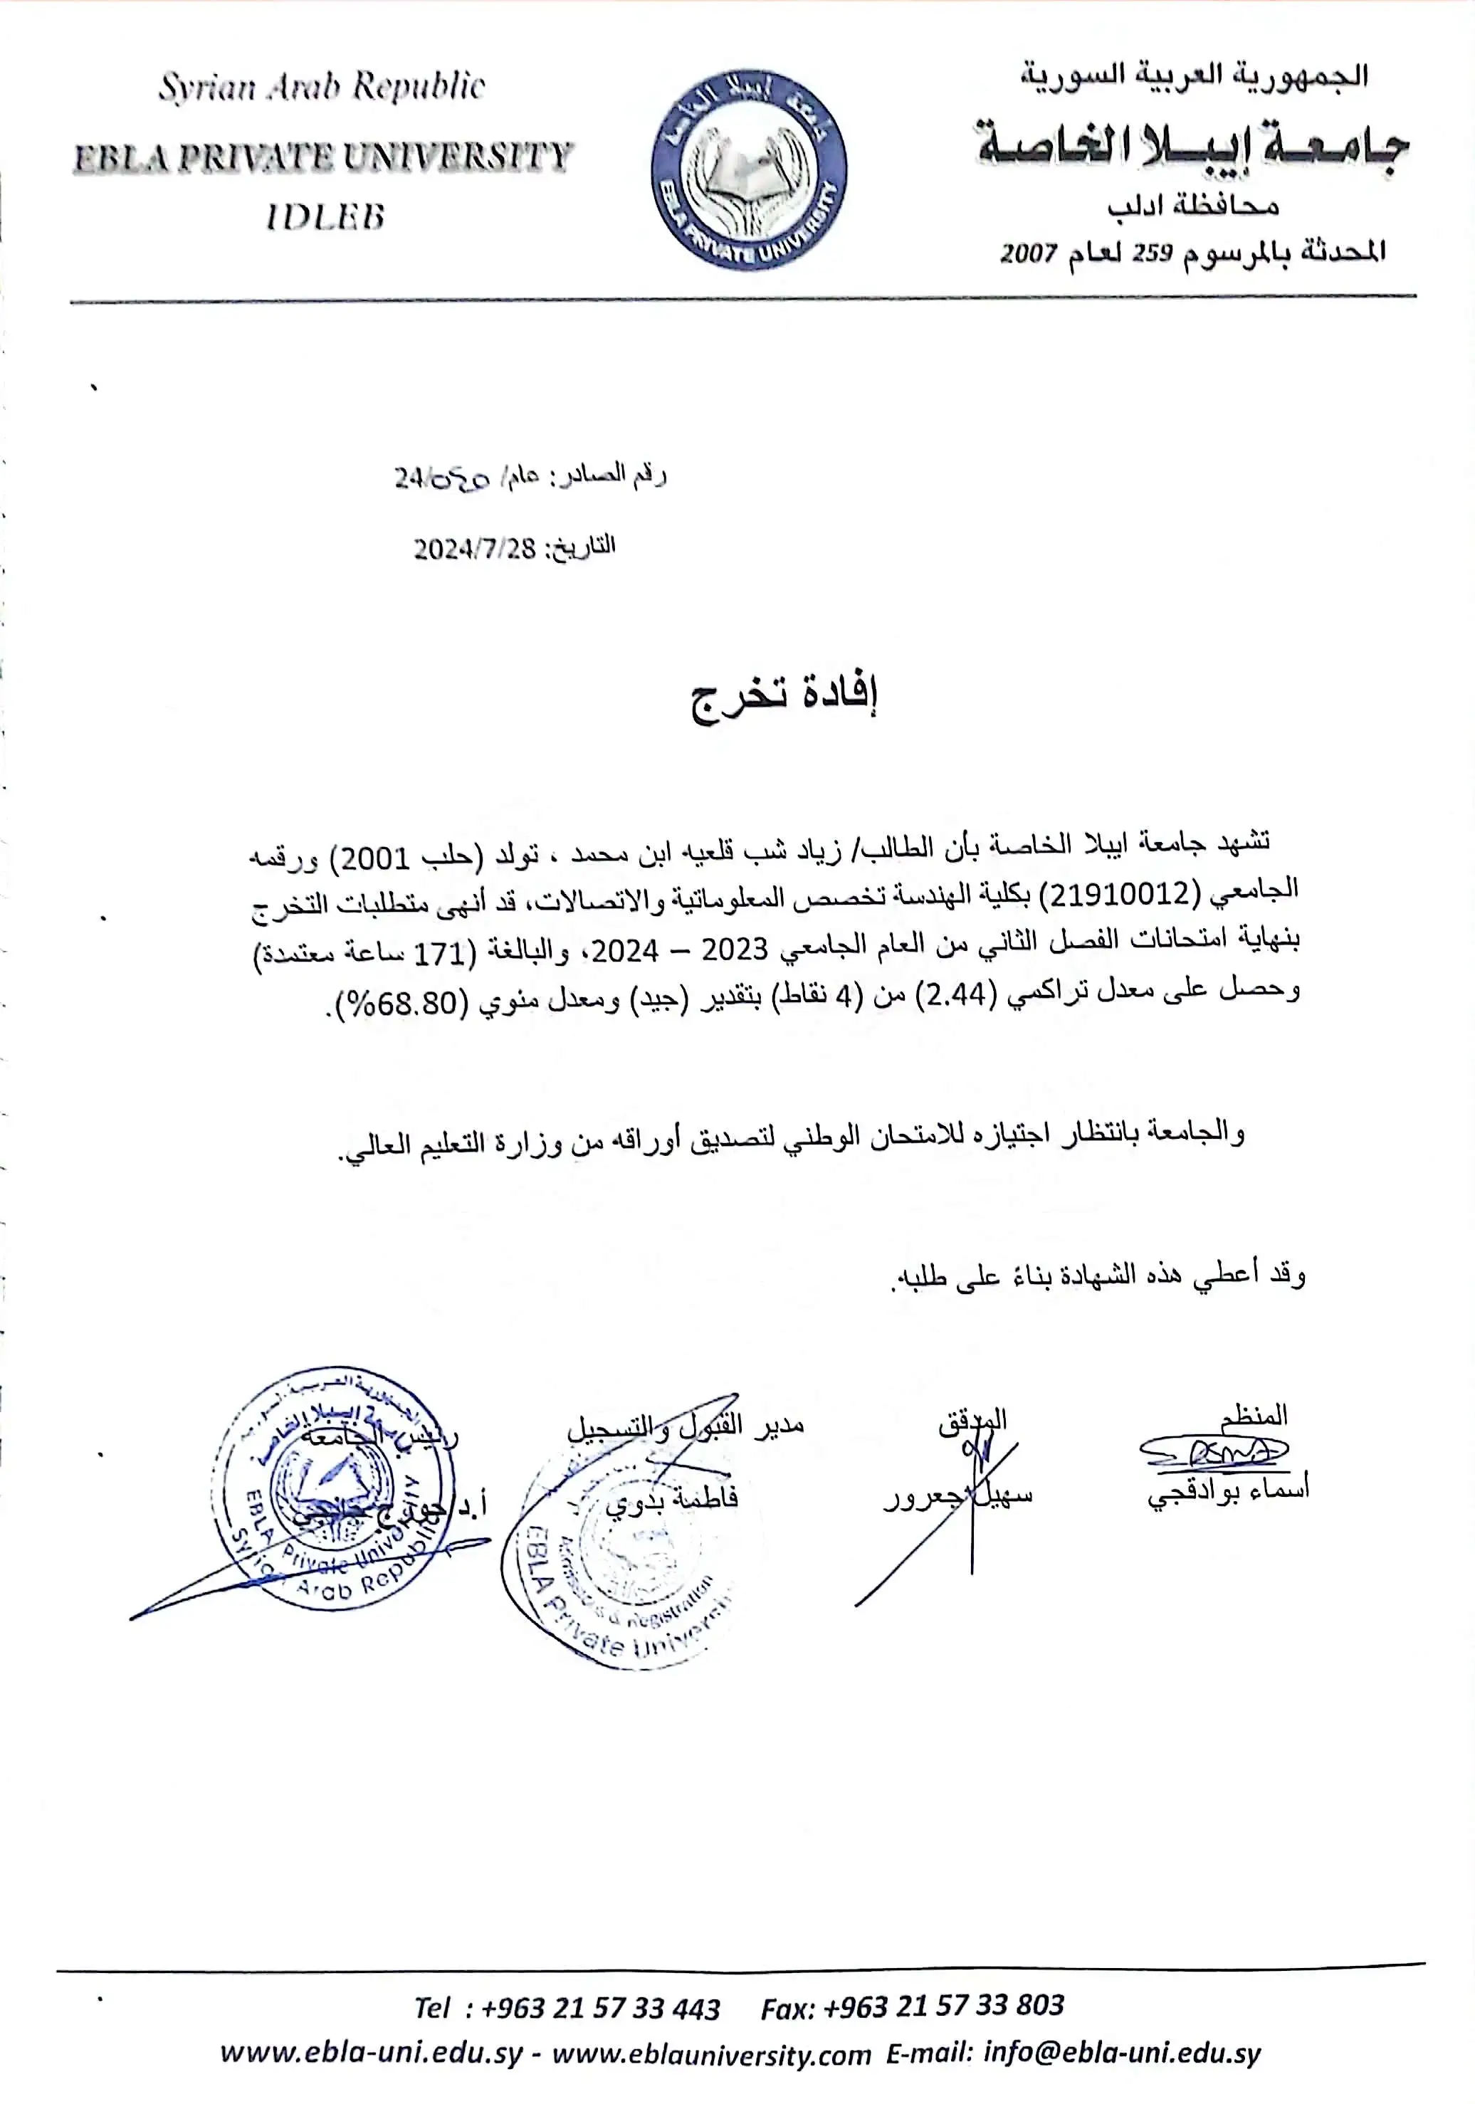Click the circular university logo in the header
point(748,169)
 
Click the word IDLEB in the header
point(325,217)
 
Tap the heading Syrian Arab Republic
point(322,87)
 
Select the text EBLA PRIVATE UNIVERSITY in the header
point(322,157)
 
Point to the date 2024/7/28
point(474,548)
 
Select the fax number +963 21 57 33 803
point(943,2005)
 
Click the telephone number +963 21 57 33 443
point(600,2008)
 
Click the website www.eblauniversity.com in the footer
point(711,2054)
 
